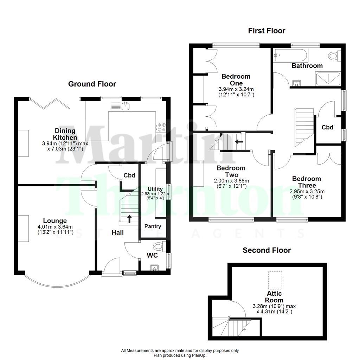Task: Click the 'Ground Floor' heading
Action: coord(92,84)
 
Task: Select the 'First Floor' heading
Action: coord(266,31)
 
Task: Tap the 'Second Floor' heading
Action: coord(266,250)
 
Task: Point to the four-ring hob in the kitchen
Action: coord(161,127)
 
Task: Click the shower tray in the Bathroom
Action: coord(328,79)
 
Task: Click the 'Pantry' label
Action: coord(153,226)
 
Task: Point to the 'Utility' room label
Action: coord(155,189)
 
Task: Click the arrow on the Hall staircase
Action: coord(129,219)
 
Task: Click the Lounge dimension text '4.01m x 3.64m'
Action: coord(55,227)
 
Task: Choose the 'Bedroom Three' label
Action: coord(306,182)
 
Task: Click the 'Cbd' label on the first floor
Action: coord(327,127)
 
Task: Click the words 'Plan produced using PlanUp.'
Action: coord(180,355)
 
